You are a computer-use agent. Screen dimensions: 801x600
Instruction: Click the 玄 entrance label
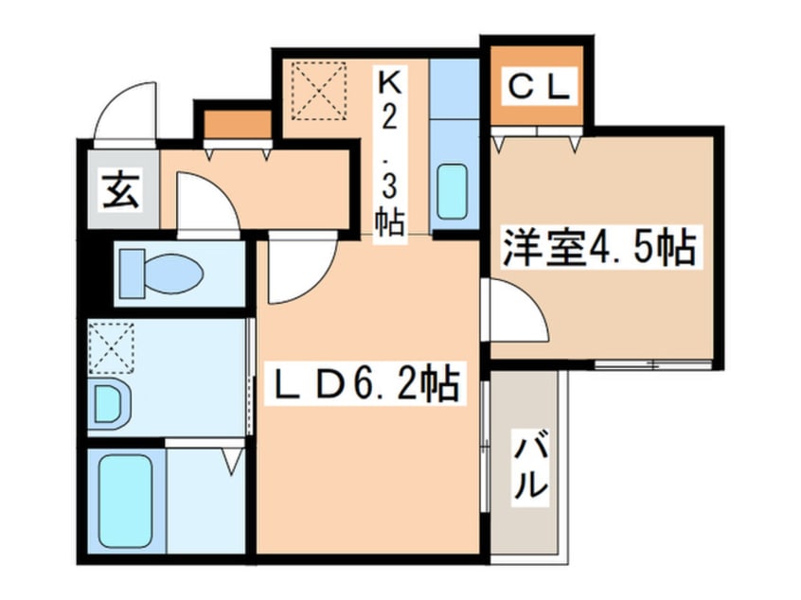[121, 191]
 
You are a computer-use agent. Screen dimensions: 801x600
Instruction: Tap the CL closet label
[539, 87]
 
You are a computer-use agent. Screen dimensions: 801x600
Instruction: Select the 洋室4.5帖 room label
[599, 248]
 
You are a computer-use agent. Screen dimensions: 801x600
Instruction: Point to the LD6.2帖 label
[362, 383]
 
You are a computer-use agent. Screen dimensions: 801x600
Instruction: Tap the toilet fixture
[161, 274]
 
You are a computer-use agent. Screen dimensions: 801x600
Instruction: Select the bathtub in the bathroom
[126, 501]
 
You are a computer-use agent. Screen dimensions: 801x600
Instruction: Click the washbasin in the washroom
[109, 403]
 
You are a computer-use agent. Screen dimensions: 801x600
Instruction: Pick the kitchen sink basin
[453, 191]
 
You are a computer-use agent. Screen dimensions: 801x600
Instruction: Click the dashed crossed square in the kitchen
[319, 91]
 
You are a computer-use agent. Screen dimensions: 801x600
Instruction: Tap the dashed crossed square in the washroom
[112, 346]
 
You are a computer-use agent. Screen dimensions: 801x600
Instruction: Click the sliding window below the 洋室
[653, 364]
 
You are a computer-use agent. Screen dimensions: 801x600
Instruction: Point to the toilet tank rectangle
[132, 274]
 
